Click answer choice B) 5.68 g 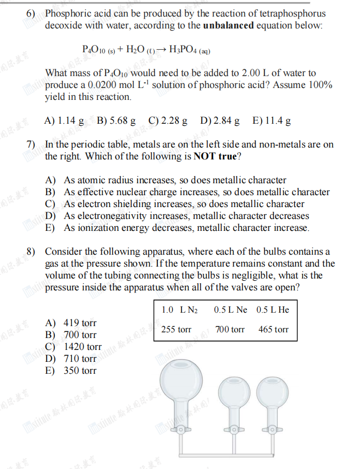pos(116,121)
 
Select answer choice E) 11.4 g pos(271,121)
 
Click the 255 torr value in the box pos(176,329)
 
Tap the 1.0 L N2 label pos(179,310)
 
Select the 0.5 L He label pos(273,310)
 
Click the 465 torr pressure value pos(273,329)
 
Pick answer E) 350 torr pos(71,371)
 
